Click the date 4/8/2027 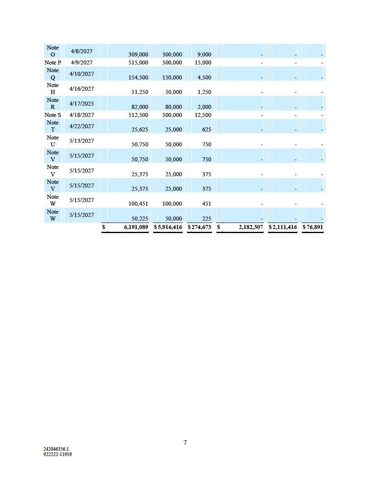tap(81, 51)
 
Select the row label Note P tap(53, 62)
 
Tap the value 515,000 tap(138, 62)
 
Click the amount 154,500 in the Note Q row tap(138, 77)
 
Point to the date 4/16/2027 tap(81, 89)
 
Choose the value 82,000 tap(140, 107)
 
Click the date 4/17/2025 tap(81, 104)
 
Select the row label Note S tap(53, 115)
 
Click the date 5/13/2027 tap(81, 141)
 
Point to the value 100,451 tap(138, 204)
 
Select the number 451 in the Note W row tap(206, 204)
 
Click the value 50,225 tap(140, 219)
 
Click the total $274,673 tap(200, 227)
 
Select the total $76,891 tap(313, 227)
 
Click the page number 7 tap(185, 443)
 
